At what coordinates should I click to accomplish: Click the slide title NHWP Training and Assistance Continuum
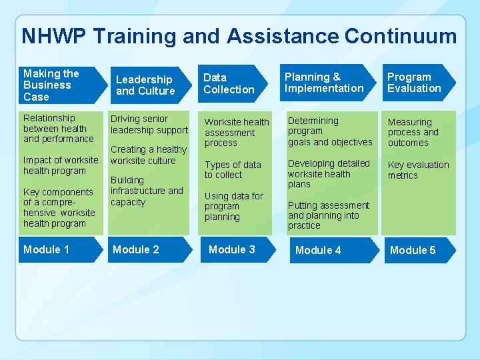(239, 36)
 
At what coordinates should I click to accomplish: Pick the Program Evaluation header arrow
(416, 83)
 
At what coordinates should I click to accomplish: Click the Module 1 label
(47, 249)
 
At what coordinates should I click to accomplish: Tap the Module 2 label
(136, 249)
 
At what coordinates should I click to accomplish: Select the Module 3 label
(232, 249)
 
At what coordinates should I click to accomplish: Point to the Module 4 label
(318, 250)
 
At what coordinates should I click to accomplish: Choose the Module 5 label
(413, 250)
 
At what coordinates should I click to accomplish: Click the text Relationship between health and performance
(58, 128)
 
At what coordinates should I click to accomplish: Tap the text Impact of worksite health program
(61, 165)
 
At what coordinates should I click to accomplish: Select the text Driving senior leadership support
(149, 124)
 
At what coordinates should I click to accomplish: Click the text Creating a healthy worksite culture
(148, 155)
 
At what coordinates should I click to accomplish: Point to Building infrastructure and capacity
(147, 191)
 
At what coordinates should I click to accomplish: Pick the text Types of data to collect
(233, 169)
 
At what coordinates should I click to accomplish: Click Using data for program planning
(234, 206)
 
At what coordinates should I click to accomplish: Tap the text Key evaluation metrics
(418, 170)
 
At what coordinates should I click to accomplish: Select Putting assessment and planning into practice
(328, 215)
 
